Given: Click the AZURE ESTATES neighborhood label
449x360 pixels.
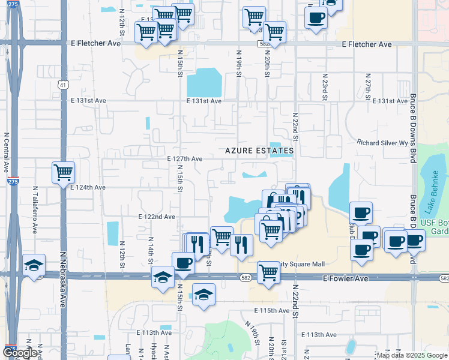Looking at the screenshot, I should pos(259,151).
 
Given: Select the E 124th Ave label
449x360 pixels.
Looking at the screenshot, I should pos(88,187).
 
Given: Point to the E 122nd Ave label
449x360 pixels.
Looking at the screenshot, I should pos(156,216).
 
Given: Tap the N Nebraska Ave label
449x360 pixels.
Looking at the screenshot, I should pos(62,279).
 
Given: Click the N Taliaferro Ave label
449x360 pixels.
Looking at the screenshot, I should pos(35,209).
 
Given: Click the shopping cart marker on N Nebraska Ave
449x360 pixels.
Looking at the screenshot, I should pos(63,173).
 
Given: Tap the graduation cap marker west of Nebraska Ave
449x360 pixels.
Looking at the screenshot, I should pos(34,265).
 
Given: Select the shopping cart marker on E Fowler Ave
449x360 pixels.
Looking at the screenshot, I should pos(268,272).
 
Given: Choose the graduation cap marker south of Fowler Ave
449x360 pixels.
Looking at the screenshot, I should pos(204,295).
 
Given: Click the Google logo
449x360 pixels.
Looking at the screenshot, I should pos(20,353).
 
